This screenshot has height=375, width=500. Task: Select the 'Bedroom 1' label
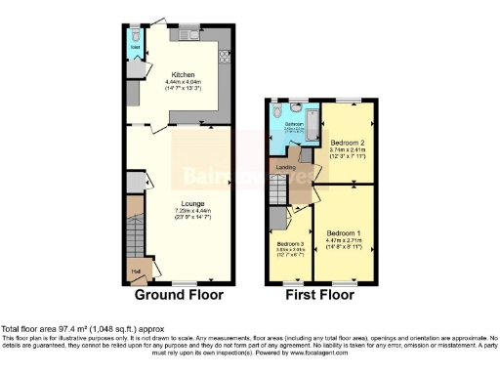346,234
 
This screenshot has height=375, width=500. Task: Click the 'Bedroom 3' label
290,244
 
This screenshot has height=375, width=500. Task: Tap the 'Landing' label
286,167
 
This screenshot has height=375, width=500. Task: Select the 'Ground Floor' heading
178,295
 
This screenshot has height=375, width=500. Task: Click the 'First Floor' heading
320,295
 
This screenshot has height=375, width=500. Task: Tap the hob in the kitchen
224,57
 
